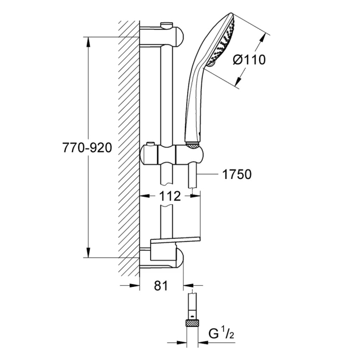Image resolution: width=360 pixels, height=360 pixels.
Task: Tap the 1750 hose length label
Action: [236, 174]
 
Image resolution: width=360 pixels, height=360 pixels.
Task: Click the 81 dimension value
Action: [161, 286]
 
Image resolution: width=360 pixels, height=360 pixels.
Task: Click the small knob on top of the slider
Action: [149, 146]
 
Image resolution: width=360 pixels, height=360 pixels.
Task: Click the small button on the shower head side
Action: [210, 65]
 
